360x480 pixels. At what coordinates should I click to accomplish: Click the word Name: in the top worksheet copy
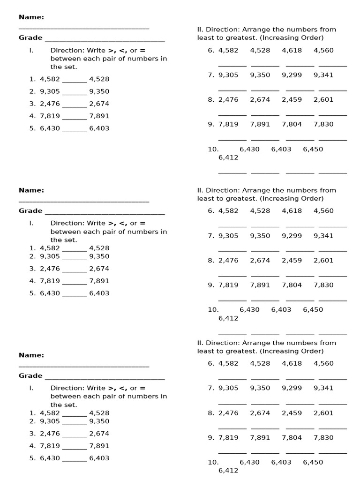31,17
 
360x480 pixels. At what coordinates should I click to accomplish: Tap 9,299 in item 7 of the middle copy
292,236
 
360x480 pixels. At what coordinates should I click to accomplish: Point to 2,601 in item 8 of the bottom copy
323,413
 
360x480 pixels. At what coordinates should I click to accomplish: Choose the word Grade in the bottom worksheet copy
30,375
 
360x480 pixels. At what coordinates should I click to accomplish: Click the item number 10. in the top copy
213,149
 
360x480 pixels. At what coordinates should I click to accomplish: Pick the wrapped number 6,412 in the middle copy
228,318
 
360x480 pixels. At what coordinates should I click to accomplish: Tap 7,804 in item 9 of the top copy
292,124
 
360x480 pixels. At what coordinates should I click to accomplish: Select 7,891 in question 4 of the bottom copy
99,446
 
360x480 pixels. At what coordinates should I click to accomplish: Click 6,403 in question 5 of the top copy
99,128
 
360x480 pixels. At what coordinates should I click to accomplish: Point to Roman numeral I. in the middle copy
31,223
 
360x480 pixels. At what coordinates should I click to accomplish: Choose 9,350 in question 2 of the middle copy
99,256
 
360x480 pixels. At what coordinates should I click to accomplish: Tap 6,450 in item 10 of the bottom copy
313,462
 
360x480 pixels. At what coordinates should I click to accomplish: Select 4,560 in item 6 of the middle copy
323,210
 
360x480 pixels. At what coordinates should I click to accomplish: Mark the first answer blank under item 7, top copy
232,90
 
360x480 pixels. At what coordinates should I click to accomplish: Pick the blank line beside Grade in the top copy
105,40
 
